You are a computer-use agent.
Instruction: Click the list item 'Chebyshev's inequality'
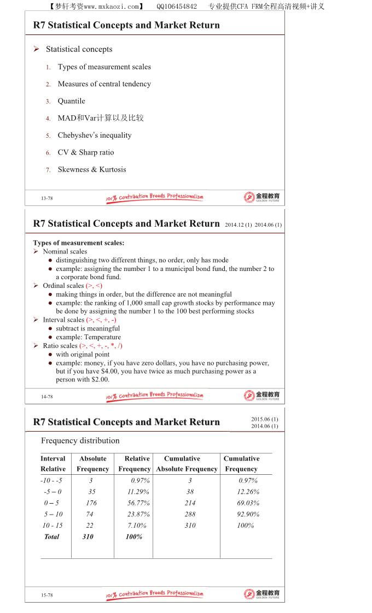[95, 135]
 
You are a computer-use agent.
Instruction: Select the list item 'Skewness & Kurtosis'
[92, 169]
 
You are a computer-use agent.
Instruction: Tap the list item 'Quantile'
[72, 101]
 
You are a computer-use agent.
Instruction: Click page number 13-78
[47, 198]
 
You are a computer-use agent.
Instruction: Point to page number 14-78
[47, 397]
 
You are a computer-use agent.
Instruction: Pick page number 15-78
[47, 595]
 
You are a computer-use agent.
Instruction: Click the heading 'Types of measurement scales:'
[79, 243]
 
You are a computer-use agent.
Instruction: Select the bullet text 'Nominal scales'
[65, 251]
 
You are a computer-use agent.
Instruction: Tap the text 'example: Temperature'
[88, 337]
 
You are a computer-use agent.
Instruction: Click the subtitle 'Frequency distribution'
[80, 441]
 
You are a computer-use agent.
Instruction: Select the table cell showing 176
[91, 503]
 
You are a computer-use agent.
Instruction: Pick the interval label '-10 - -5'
[51, 481]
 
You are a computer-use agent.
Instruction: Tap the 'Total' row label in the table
[51, 537]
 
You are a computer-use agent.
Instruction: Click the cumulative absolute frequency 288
[190, 514]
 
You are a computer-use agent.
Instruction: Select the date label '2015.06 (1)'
[265, 419]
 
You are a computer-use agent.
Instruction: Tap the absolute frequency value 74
[90, 514]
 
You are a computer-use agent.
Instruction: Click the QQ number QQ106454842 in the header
[177, 7]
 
